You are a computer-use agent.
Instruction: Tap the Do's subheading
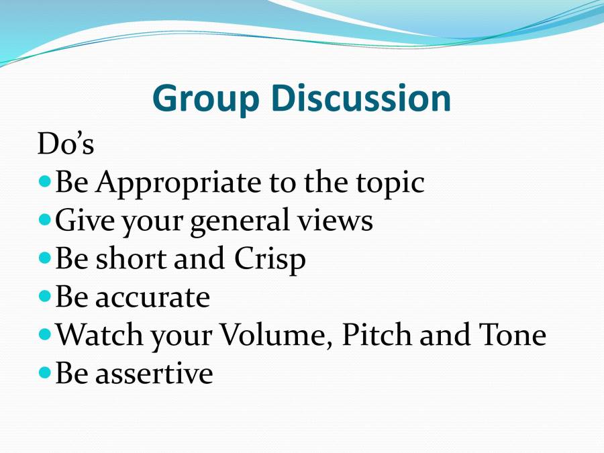click(x=66, y=144)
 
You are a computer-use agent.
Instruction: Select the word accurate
click(x=153, y=297)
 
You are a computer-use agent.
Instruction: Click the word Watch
click(x=100, y=335)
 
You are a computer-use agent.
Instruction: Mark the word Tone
click(x=513, y=335)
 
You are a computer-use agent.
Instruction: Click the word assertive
click(x=154, y=373)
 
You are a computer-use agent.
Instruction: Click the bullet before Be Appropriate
click(x=46, y=182)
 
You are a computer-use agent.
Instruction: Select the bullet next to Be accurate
click(x=46, y=295)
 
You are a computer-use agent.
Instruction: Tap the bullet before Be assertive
click(x=46, y=371)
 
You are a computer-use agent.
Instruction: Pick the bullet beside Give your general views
click(x=46, y=219)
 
